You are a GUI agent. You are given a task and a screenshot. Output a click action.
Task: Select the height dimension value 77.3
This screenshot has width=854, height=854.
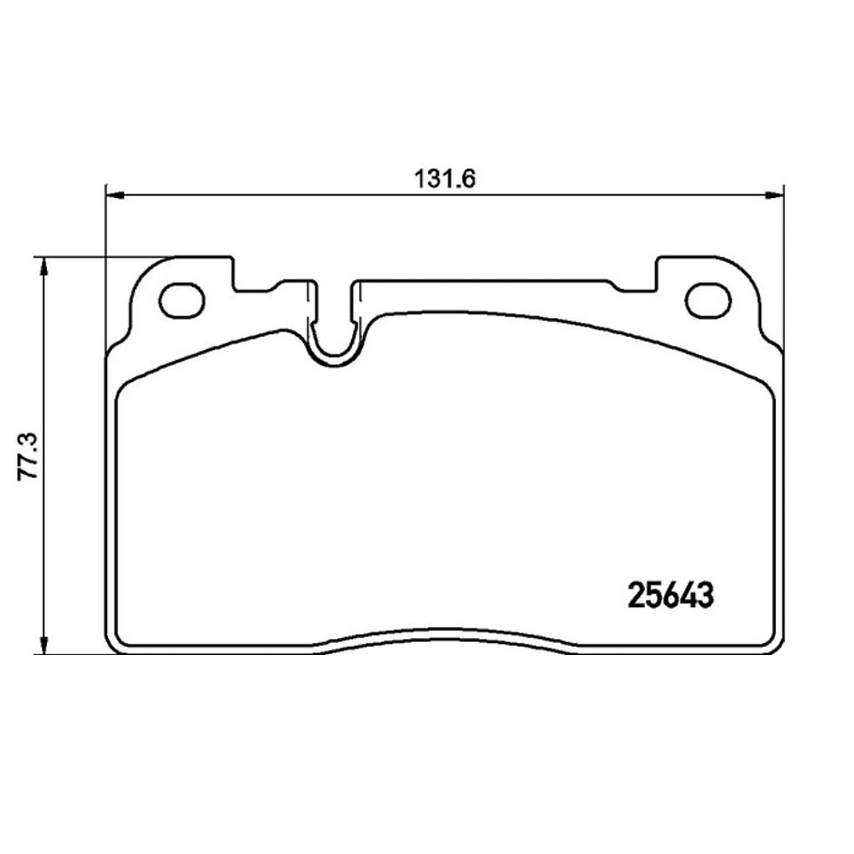coord(31,456)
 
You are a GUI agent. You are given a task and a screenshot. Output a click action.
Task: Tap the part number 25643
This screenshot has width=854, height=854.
coord(670,595)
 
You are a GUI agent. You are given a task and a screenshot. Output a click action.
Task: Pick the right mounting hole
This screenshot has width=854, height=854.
coord(708,300)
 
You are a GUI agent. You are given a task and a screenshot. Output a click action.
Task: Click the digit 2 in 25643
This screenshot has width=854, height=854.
coord(634,595)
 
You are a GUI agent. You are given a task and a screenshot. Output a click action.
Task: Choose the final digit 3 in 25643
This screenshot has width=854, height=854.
coord(707,595)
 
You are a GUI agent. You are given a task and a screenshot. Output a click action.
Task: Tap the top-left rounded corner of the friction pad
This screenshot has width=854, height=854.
coord(122,390)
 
